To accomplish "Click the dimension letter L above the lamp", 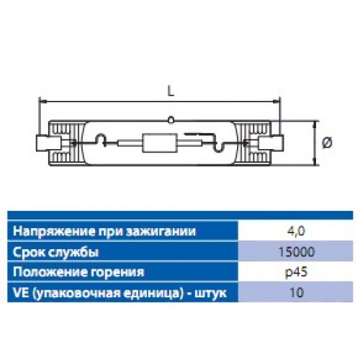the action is (171, 91).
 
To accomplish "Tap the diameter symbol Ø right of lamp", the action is (328, 143).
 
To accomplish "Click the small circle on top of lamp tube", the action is (171, 120).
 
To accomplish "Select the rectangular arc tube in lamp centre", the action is (158, 143).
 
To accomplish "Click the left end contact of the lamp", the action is (48, 143).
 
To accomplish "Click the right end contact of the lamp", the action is (272, 143).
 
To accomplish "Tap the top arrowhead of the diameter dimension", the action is (315, 124).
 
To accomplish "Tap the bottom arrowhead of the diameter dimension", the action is (315, 161).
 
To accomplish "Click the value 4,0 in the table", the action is (296, 231).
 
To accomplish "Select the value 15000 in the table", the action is (296, 252).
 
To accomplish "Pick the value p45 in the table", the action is (296, 273).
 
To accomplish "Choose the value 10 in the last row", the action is (297, 293).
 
